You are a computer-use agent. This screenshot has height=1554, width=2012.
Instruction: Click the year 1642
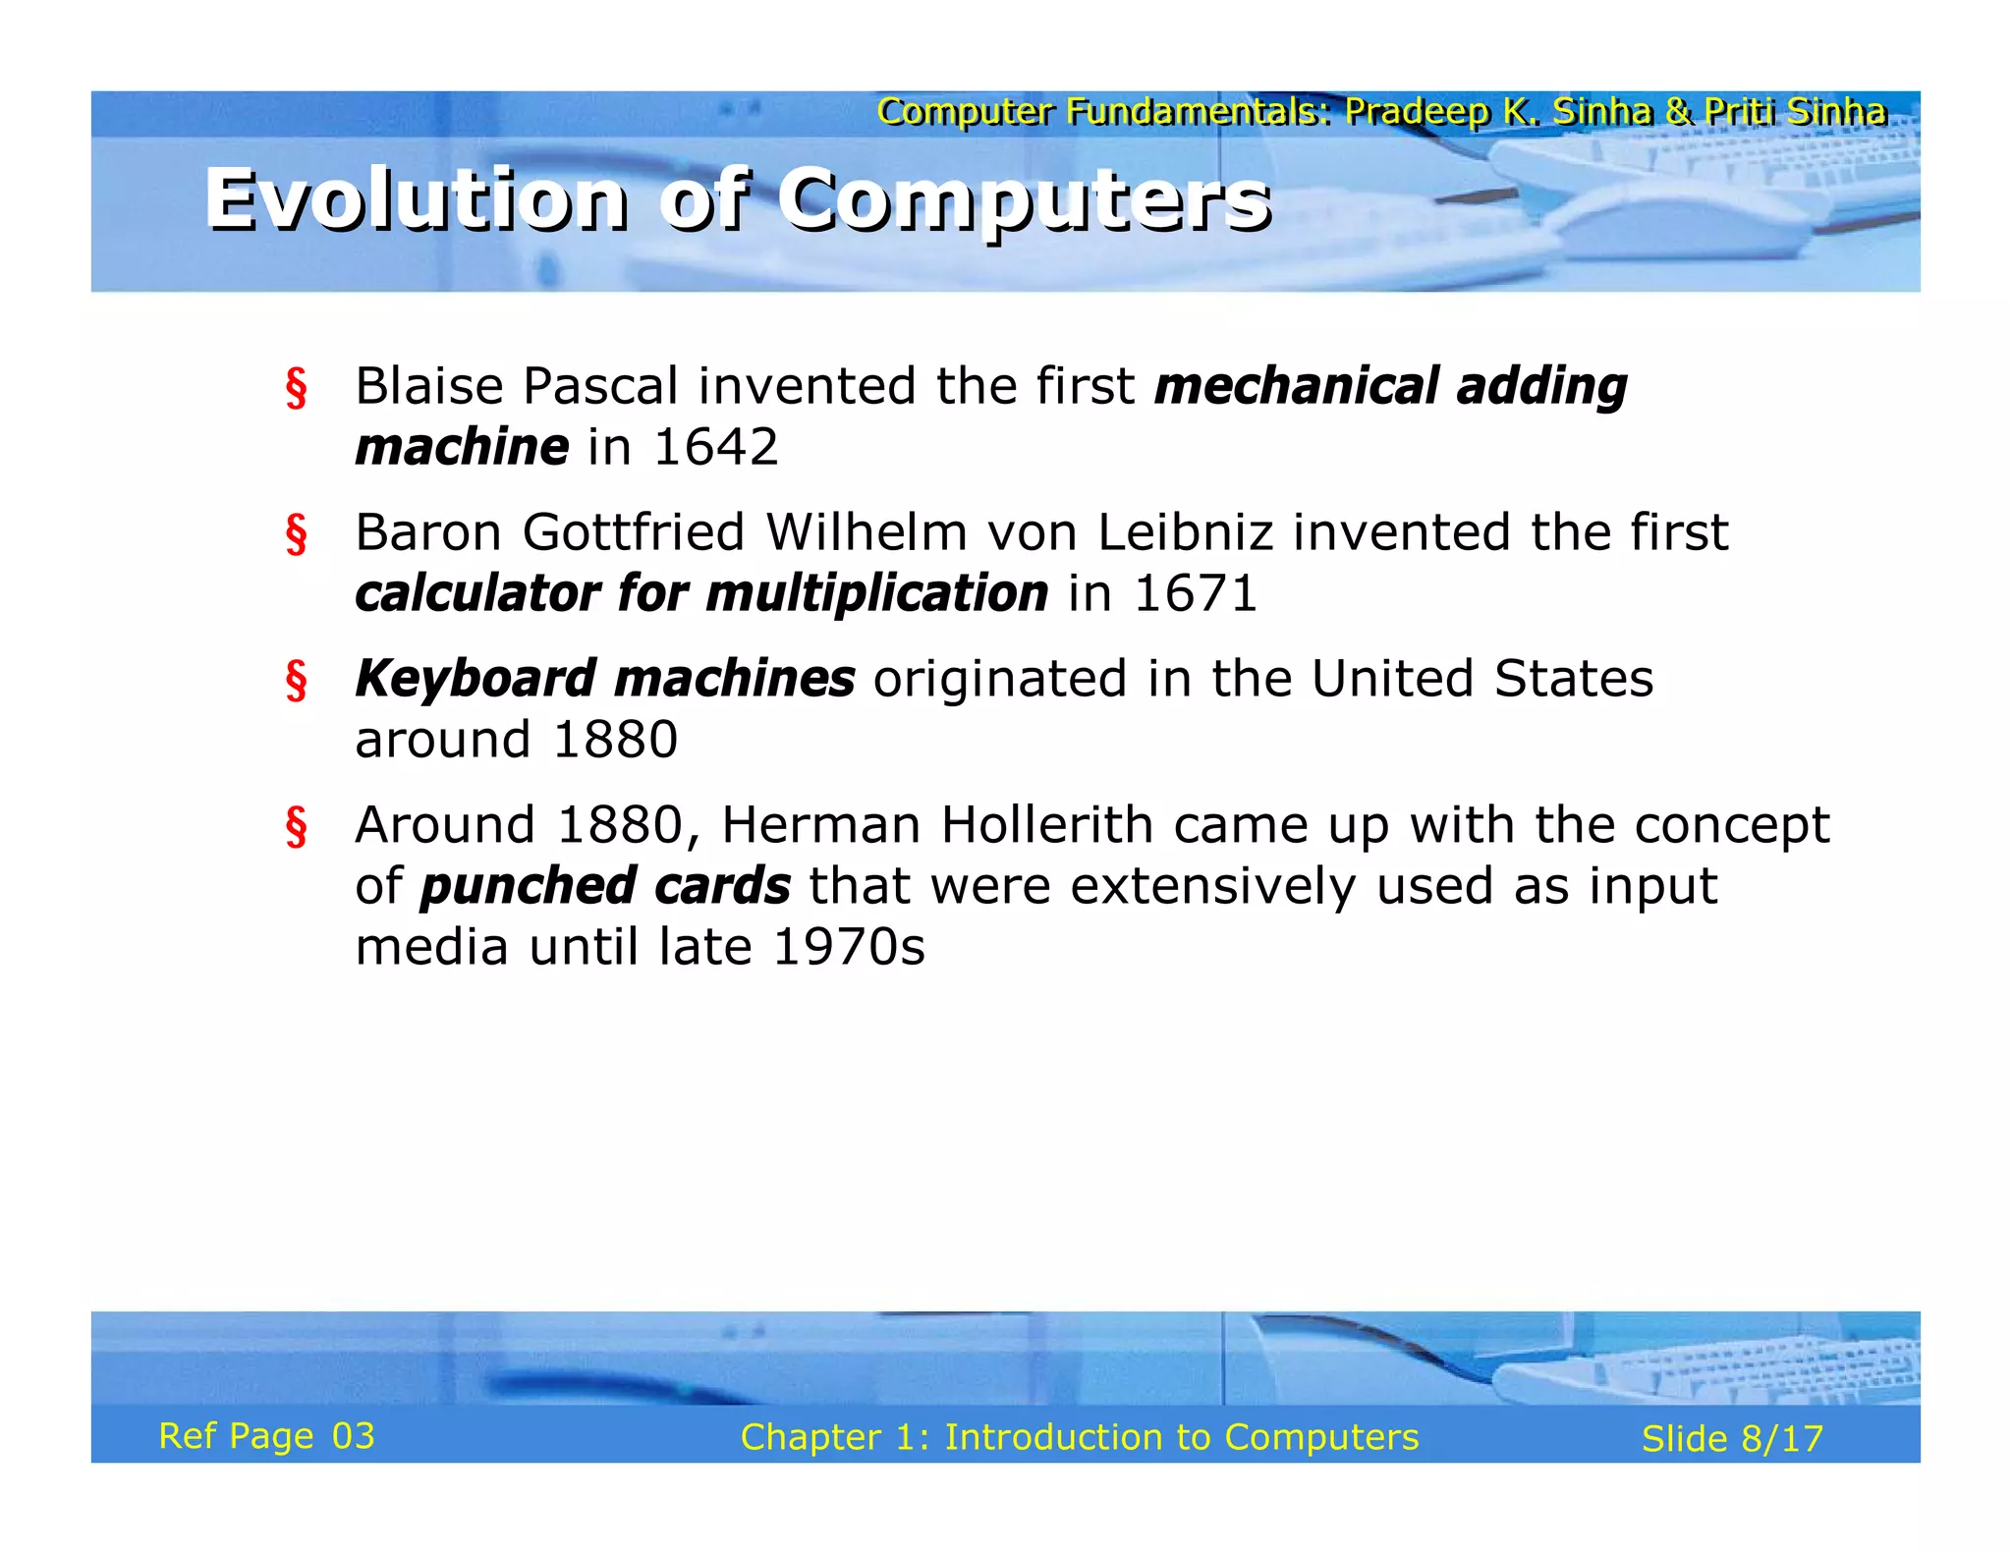tap(715, 447)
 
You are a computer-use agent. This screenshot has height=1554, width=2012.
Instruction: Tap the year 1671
tap(1195, 593)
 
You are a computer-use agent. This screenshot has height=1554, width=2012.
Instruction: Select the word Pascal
tap(600, 385)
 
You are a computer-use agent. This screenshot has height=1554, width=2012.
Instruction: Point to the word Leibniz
tap(1185, 532)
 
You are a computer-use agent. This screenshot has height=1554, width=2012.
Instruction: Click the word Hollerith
tap(1046, 824)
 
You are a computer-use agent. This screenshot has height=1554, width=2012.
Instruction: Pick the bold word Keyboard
tap(475, 679)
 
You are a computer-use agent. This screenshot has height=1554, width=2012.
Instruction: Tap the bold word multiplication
tap(876, 593)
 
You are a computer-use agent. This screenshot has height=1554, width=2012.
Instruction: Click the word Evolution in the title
tap(416, 200)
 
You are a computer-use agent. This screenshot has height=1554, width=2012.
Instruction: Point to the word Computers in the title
tap(1025, 200)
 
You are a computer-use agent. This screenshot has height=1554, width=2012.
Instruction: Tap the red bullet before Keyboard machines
tap(296, 681)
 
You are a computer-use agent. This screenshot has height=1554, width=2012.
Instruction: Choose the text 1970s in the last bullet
tap(849, 947)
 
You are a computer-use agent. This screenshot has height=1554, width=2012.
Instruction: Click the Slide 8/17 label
tap(1732, 1439)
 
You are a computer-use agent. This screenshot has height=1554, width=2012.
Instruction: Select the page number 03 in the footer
tap(354, 1436)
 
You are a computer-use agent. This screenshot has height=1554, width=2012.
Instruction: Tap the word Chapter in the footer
tap(810, 1437)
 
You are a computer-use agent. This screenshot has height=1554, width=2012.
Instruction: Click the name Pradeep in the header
tap(1418, 112)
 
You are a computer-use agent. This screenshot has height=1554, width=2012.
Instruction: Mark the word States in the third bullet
tap(1573, 679)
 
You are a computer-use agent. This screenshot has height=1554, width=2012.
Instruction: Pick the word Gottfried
tap(634, 532)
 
